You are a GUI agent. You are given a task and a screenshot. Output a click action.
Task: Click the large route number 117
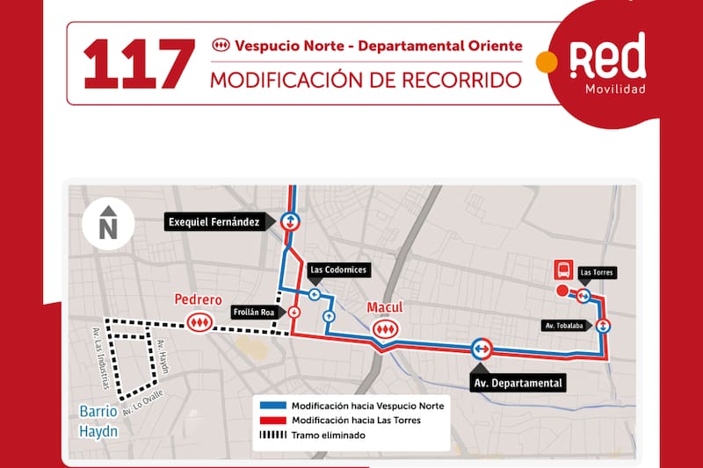point(138,62)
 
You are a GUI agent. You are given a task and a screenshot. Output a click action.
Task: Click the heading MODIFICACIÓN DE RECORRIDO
point(365,79)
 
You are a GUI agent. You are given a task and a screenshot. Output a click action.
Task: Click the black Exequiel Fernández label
point(214,222)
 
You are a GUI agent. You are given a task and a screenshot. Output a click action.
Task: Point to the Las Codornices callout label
point(338,270)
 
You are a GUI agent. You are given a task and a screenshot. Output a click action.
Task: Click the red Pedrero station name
point(198,299)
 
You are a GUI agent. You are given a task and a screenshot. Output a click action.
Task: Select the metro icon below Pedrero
point(199,324)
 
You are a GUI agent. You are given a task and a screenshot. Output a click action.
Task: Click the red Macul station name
point(384,307)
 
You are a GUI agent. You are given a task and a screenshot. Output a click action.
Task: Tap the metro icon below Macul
point(384,328)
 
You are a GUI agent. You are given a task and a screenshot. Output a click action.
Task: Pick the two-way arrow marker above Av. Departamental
point(481,349)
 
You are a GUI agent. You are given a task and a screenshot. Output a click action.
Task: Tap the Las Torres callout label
point(598,273)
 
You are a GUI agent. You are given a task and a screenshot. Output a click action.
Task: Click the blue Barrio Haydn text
point(98,419)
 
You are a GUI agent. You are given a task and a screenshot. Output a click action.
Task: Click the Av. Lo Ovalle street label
point(142,404)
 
